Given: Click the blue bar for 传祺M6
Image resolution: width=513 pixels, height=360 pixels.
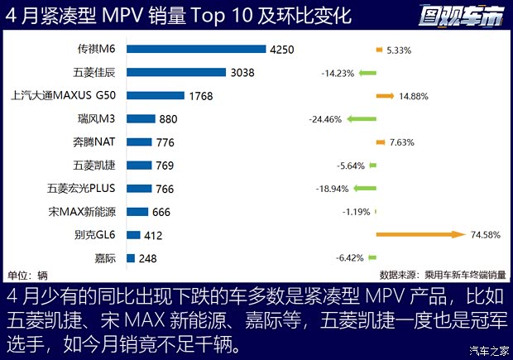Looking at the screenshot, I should tap(196, 50).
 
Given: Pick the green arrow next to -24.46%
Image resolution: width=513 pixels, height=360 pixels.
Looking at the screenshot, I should tap(362, 119).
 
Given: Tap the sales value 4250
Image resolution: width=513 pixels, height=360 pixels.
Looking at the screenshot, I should tap(281, 50).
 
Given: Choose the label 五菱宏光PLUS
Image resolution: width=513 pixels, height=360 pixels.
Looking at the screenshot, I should tap(81, 189).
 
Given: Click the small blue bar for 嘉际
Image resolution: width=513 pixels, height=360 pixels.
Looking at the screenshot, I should tap(131, 258).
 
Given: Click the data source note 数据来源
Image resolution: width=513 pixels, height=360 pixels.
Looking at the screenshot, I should tap(443, 275).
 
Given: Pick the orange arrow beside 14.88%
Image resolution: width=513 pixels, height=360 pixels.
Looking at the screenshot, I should tap(385, 96).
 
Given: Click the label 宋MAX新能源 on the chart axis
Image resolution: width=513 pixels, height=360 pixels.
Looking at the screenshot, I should tap(82, 212).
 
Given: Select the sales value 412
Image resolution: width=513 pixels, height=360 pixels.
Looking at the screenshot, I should tap(156, 235).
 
